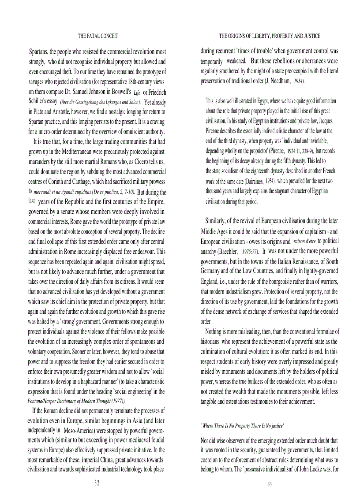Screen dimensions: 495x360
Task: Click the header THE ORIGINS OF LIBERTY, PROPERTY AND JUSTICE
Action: [x=270, y=36]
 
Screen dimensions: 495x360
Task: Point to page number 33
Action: [x=269, y=484]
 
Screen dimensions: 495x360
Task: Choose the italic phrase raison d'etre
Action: [x=304, y=241]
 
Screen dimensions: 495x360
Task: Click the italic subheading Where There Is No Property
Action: [x=242, y=426]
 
